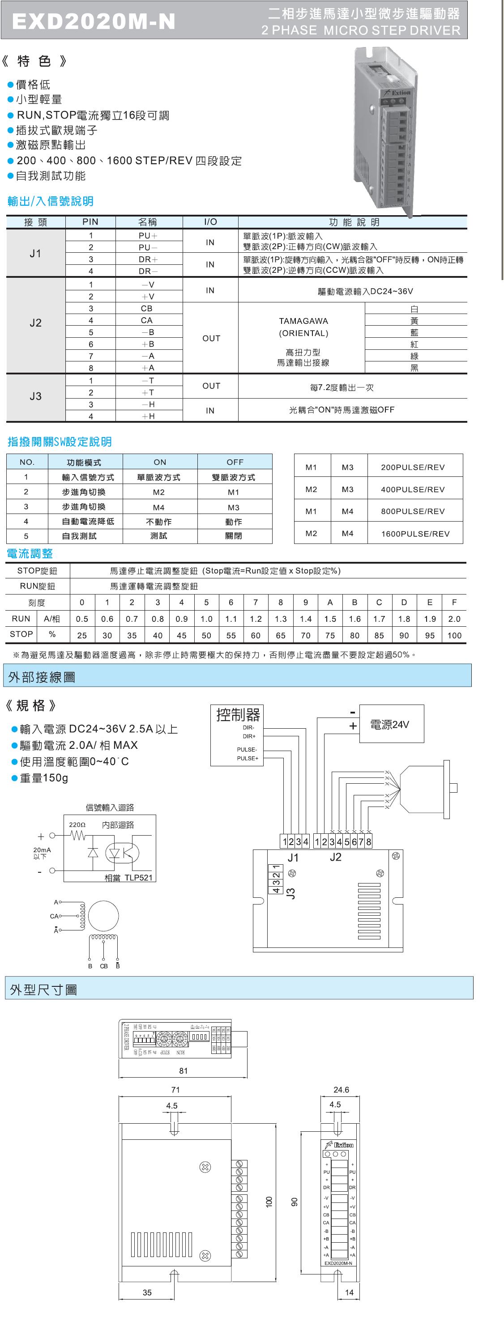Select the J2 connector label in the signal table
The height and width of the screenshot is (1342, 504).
[35, 323]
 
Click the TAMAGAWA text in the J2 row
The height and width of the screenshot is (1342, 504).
[303, 321]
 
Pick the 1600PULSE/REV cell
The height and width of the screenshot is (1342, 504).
[415, 534]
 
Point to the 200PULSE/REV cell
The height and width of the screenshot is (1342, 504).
[413, 467]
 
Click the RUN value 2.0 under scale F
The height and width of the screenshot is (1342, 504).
[454, 619]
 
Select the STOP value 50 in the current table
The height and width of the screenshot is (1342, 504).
[206, 636]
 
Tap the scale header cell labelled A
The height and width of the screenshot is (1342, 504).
[330, 602]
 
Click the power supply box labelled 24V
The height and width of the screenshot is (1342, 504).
[391, 724]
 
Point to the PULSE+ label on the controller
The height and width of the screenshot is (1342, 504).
[247, 759]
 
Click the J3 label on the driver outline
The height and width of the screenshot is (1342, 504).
[291, 893]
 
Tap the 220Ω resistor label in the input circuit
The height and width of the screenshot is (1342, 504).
[77, 825]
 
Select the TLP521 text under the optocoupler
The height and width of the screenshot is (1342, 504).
[138, 877]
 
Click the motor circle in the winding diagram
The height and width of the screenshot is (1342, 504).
[103, 916]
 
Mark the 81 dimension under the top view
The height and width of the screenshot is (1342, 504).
[183, 1071]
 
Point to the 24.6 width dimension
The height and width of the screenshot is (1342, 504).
[341, 1090]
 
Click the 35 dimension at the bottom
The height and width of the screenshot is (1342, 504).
[147, 1292]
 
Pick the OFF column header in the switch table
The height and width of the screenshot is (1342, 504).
[235, 462]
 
